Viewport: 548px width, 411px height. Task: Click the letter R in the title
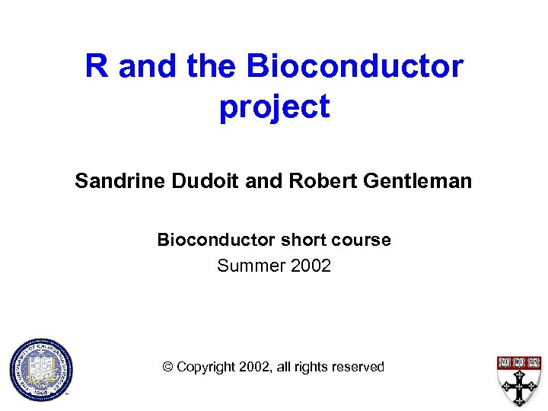[97, 66]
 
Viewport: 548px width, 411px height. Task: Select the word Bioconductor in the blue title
[354, 66]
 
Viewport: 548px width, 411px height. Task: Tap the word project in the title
[274, 107]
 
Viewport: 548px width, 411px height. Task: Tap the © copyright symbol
[168, 367]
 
